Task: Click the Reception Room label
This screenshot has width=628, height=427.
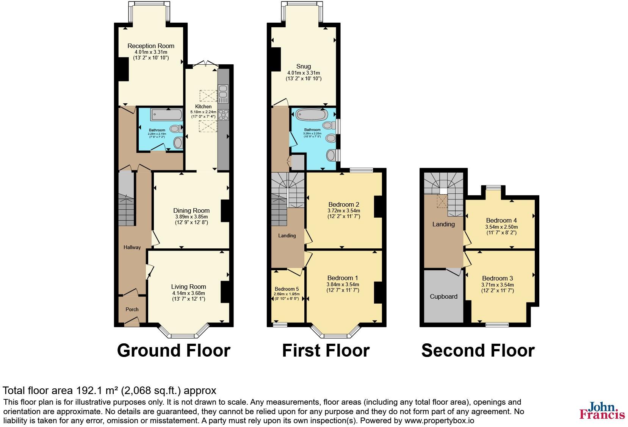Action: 151,46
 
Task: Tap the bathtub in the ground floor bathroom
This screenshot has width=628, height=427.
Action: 166,114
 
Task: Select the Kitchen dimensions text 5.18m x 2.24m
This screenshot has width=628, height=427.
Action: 203,112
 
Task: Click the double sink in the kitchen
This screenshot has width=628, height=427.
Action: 223,92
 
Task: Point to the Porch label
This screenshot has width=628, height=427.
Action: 132,309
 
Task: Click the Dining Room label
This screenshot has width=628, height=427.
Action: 191,210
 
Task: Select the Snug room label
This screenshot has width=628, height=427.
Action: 304,66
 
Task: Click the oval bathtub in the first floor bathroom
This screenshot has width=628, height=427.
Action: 311,115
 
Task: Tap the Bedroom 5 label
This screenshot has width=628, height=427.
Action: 287,288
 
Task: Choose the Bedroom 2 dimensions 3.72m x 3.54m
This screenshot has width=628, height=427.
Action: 344,210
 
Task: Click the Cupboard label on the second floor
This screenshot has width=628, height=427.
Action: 443,296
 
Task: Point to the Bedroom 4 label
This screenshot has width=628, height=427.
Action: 501,220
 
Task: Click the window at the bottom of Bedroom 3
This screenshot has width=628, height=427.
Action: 497,324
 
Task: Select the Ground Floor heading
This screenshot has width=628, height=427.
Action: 174,351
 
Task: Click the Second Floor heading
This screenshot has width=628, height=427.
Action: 478,351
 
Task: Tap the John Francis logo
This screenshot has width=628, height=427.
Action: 602,411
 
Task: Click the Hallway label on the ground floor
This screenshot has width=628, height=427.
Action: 132,247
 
